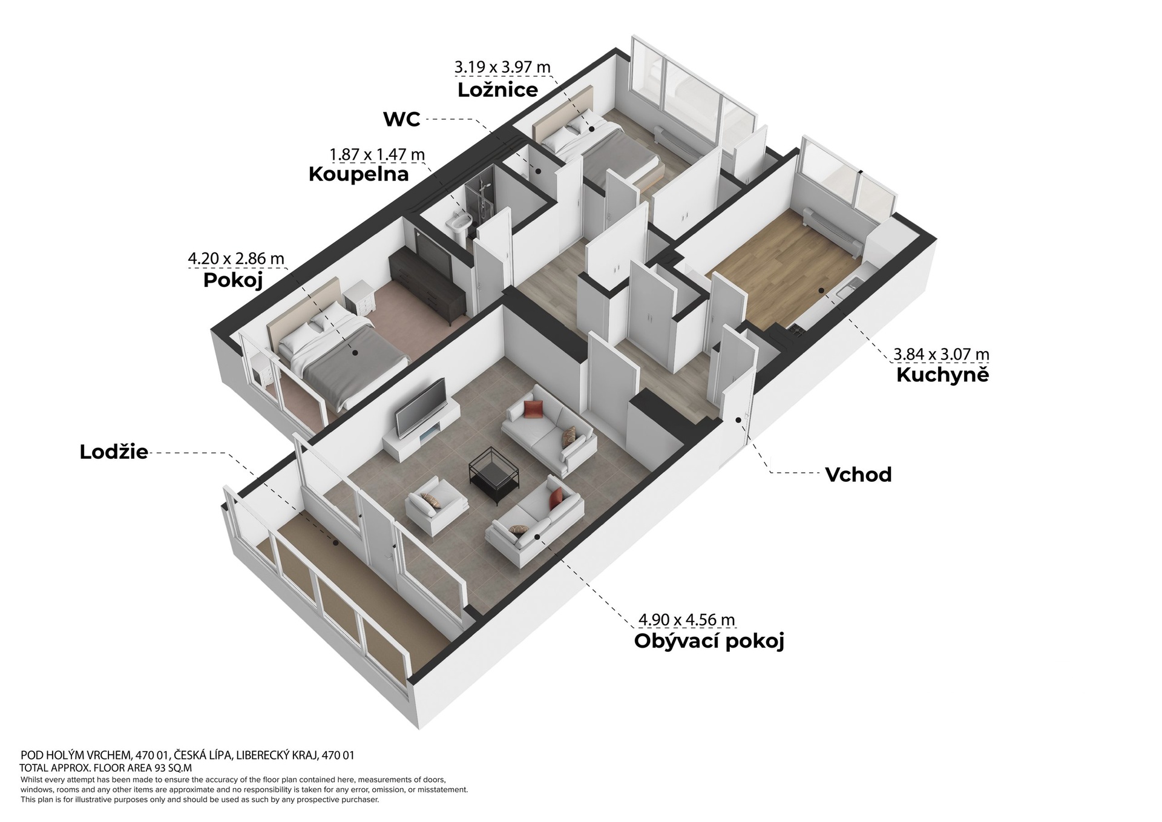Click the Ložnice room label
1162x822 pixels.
click(497, 90)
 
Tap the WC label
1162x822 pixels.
click(402, 119)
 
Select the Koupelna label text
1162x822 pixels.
click(358, 174)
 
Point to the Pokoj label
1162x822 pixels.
click(233, 281)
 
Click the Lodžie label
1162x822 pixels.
click(114, 452)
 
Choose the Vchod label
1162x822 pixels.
click(858, 475)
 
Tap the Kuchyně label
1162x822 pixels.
click(942, 375)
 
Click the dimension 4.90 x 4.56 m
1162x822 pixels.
click(687, 620)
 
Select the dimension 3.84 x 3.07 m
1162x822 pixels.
click(942, 353)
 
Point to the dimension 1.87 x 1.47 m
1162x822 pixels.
click(377, 155)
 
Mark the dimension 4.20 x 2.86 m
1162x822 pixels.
click(236, 259)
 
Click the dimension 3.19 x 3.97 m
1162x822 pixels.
click(503, 67)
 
